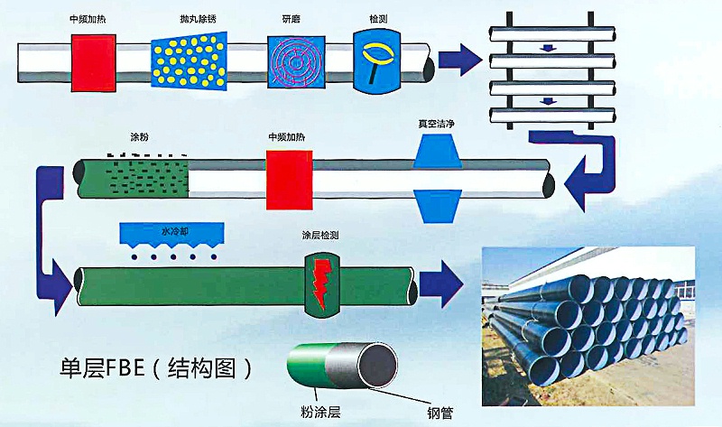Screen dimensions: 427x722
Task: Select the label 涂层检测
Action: coord(320,236)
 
